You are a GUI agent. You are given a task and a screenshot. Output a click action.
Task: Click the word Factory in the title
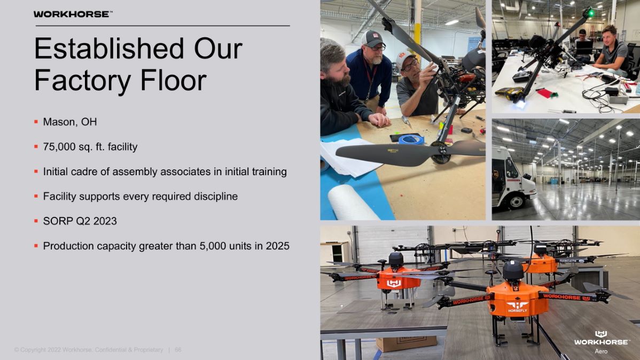coord(83,80)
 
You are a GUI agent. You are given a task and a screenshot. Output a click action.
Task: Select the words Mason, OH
coord(70,122)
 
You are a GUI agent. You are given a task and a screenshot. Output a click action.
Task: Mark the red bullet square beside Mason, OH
coord(36,122)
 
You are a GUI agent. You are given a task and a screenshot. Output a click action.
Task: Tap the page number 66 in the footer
coord(178,350)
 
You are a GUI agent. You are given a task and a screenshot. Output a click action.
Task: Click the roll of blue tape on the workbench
coord(411,139)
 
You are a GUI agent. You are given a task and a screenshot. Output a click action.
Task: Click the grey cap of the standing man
coord(372,38)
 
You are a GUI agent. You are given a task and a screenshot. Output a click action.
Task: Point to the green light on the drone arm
coord(590,13)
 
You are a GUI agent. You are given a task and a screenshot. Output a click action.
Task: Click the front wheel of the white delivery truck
coord(516,201)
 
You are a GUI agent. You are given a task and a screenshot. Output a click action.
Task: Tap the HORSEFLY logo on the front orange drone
coord(517,307)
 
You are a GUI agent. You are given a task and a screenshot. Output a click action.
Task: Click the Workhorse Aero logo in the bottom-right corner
coord(601,342)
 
